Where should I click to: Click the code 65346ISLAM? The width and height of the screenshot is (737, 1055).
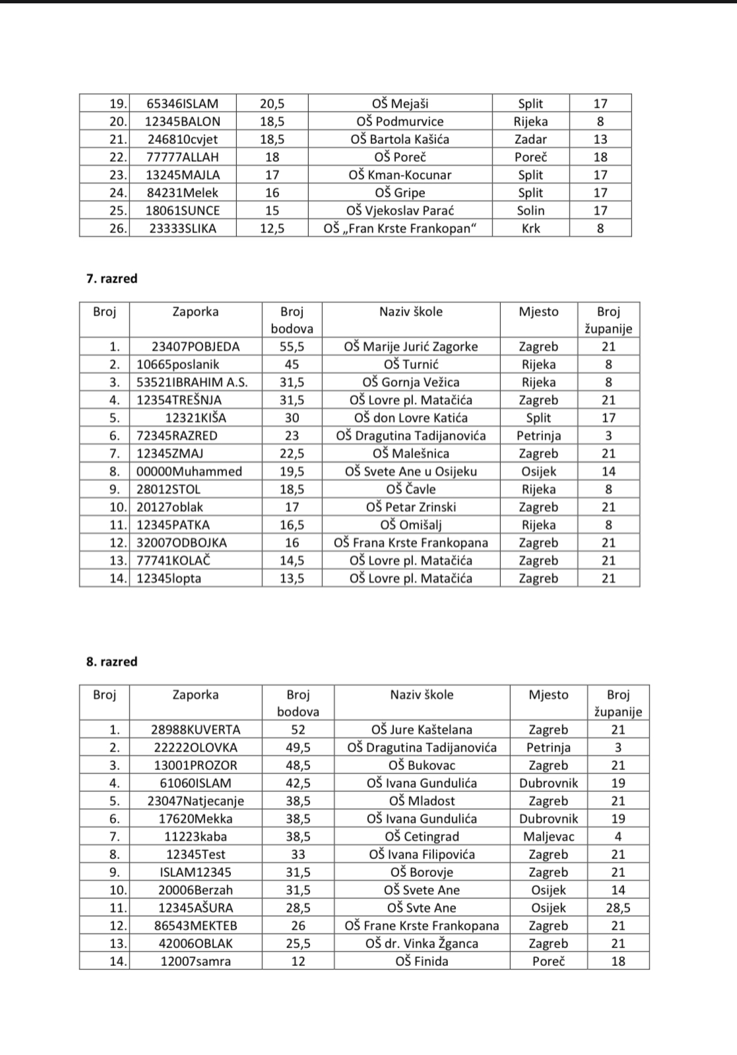click(x=182, y=104)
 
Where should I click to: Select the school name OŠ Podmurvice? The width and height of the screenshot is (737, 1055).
click(x=400, y=121)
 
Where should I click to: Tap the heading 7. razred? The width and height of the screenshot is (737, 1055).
click(x=112, y=278)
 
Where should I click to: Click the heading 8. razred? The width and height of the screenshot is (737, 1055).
click(x=112, y=661)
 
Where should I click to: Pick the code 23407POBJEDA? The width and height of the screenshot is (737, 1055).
click(x=196, y=346)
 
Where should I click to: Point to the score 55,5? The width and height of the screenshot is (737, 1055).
click(x=292, y=346)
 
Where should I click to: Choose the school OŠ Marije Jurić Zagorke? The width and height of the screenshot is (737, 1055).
click(x=410, y=346)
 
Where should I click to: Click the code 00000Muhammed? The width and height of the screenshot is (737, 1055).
click(x=189, y=471)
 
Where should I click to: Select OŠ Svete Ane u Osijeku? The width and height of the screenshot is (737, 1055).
click(x=410, y=471)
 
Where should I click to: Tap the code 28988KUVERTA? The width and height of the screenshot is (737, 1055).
click(x=196, y=730)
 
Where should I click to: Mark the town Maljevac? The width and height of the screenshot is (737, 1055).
click(x=548, y=837)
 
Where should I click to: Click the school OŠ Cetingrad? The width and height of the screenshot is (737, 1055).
click(x=422, y=837)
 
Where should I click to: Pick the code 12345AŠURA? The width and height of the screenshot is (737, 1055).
click(x=196, y=908)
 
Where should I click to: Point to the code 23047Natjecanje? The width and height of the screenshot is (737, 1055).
click(x=196, y=801)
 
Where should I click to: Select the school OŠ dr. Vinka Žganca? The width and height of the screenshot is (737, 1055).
click(x=422, y=943)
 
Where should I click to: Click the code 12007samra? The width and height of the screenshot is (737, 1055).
click(x=196, y=961)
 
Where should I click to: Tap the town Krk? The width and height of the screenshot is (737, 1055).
click(x=530, y=228)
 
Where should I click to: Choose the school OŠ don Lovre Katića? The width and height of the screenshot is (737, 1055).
click(x=410, y=418)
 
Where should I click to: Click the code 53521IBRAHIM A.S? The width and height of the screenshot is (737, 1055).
click(x=192, y=382)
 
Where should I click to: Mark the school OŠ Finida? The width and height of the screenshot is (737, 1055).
click(x=422, y=961)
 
